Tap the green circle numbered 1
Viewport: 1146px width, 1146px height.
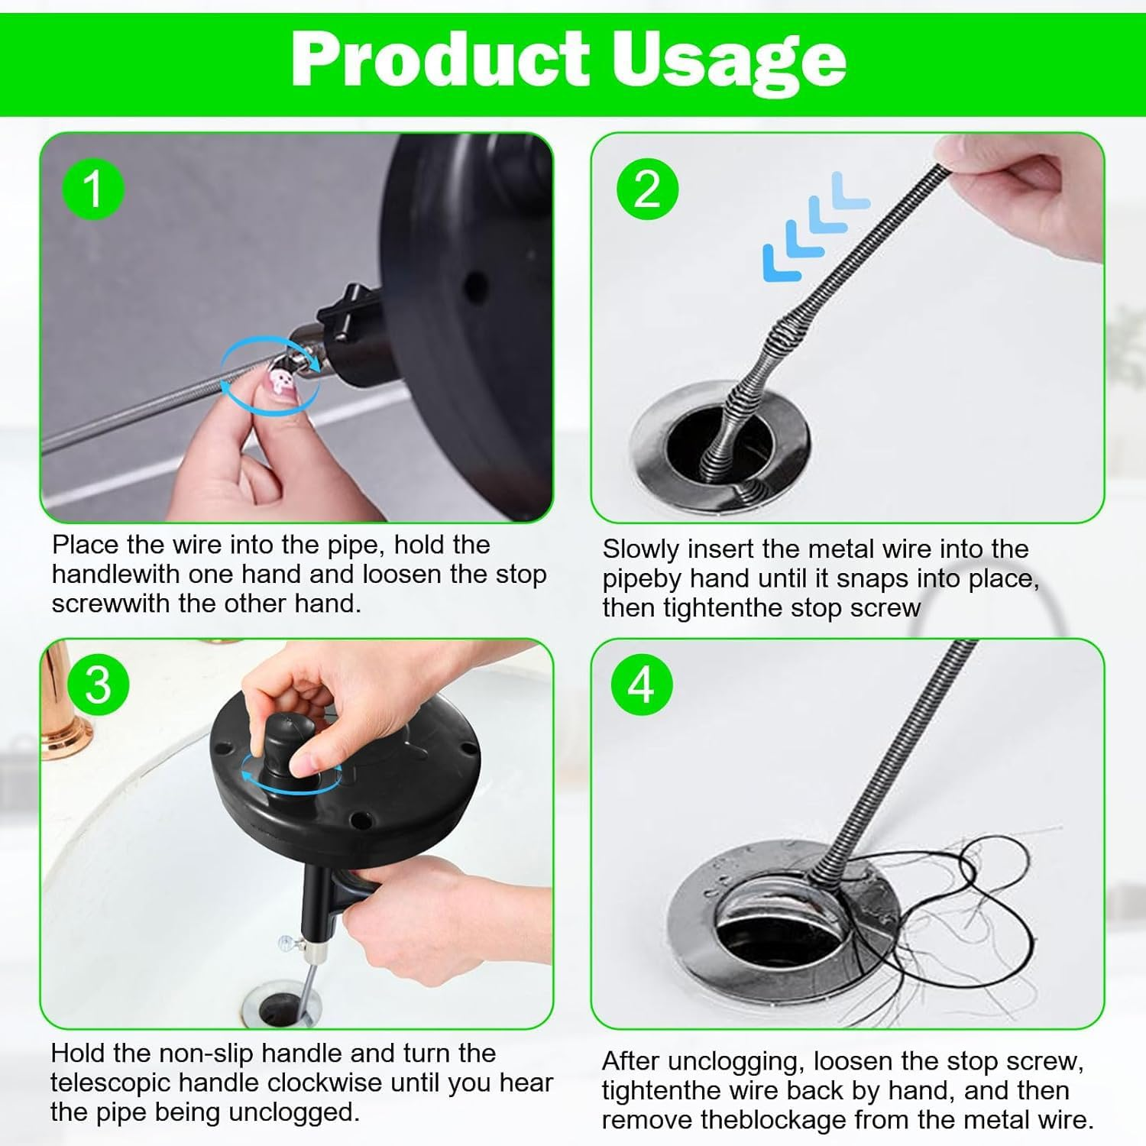click(93, 188)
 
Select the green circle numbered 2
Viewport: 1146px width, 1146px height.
click(647, 188)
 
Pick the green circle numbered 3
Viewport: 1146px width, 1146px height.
click(98, 685)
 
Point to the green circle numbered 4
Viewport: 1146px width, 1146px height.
click(641, 685)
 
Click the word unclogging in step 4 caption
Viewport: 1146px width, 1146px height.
click(735, 1061)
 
